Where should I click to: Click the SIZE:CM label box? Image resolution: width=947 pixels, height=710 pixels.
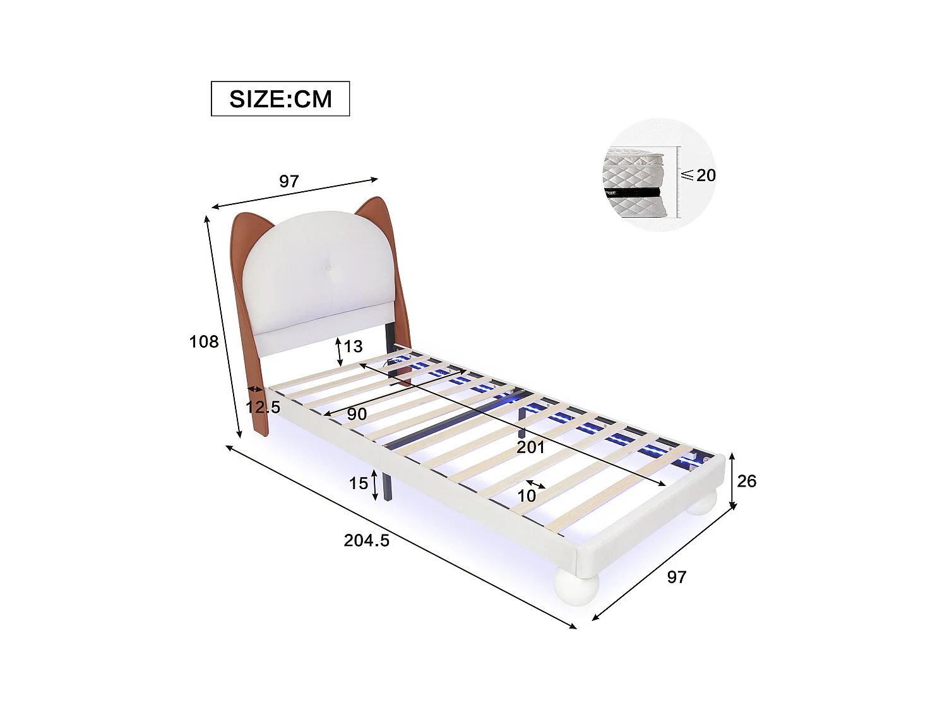[280, 98]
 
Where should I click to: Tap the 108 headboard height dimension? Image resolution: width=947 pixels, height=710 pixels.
[204, 342]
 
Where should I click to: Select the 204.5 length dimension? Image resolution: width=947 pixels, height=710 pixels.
[366, 541]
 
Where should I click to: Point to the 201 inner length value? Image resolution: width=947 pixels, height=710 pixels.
[530, 448]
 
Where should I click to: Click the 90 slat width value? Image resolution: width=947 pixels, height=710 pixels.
[357, 415]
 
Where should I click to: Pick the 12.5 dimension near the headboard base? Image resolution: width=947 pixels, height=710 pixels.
[263, 407]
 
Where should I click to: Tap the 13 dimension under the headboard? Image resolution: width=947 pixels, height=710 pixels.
[354, 346]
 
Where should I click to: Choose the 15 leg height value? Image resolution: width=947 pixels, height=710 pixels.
[359, 483]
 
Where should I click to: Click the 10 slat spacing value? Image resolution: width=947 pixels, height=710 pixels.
[527, 495]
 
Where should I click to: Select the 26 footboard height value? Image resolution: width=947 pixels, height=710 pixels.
[746, 482]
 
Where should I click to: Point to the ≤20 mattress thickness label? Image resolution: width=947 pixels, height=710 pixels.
[700, 175]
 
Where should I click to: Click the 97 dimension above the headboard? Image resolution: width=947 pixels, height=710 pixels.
[289, 182]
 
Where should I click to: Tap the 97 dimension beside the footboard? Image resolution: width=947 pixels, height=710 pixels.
[676, 577]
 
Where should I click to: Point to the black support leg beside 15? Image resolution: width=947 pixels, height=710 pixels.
[385, 485]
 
